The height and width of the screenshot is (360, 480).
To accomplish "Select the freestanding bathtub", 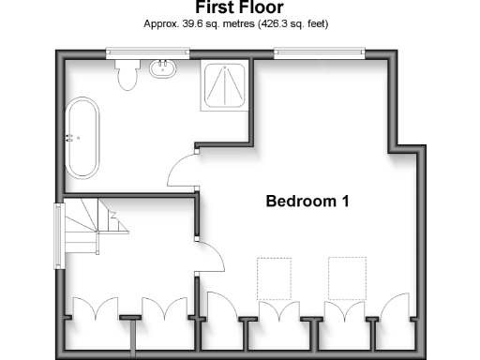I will tap(81, 139).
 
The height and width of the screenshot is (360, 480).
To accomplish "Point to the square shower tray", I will tap(225, 85).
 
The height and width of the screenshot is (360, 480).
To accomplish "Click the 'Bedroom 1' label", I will tap(308, 201).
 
